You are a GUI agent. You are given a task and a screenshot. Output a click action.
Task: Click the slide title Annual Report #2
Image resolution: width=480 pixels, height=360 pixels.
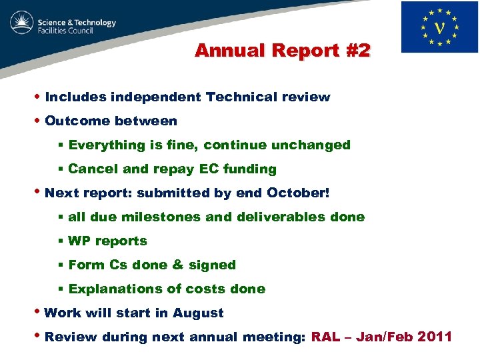pyautogui.click(x=282, y=51)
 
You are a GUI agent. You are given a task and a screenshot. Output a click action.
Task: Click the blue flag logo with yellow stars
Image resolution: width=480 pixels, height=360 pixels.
pyautogui.click(x=439, y=27)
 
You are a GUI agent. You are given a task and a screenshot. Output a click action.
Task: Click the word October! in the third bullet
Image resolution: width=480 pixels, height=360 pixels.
pyautogui.click(x=298, y=193)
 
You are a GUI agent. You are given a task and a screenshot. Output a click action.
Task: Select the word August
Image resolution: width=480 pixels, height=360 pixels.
pyautogui.click(x=198, y=313)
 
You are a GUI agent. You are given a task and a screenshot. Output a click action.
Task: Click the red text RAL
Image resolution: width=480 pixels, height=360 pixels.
pyautogui.click(x=325, y=337)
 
